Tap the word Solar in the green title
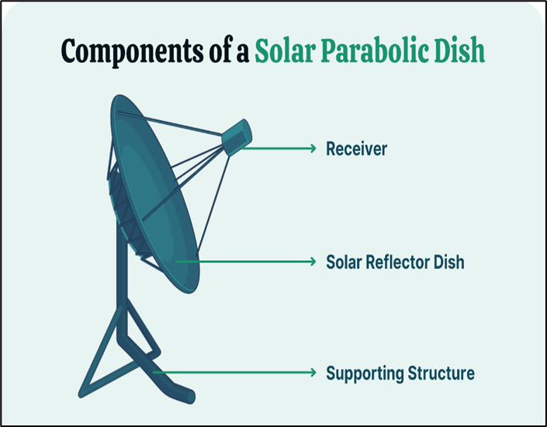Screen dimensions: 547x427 click(x=285, y=50)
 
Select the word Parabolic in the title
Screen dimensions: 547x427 click(x=375, y=50)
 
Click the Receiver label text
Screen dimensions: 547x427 click(x=357, y=149)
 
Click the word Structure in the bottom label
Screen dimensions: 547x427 click(x=441, y=373)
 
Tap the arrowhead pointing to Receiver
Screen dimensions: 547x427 click(x=313, y=148)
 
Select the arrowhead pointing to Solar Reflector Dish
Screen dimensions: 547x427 click(x=313, y=262)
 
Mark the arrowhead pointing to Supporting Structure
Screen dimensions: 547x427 click(x=313, y=373)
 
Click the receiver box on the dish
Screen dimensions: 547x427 click(x=237, y=137)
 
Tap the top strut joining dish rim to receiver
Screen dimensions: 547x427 click(x=170, y=123)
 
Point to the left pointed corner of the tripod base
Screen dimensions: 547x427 click(x=80, y=395)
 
